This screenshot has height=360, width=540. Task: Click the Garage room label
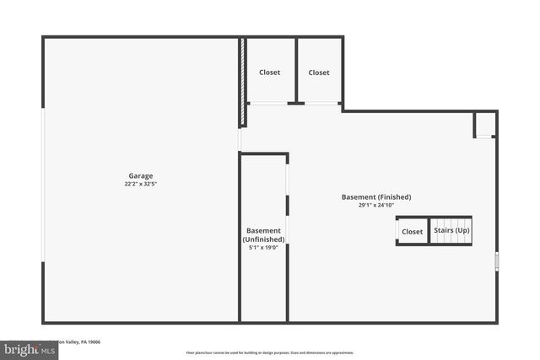pos(141,176)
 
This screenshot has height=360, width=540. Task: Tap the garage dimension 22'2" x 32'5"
pos(141,185)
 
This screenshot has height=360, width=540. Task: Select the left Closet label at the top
pos(270,73)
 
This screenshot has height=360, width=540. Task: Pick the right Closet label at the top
pos(319,73)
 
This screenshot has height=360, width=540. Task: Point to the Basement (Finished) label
pos(376,197)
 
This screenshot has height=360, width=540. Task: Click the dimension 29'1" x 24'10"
pos(376,206)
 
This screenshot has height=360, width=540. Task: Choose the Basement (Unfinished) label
pos(263,235)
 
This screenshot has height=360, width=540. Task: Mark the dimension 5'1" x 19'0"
pos(263,248)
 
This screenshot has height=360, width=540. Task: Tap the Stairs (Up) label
pos(452,231)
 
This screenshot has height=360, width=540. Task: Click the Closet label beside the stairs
pos(413,232)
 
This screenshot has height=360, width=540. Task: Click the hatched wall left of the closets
pos(242,82)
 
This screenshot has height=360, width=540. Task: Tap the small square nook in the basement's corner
pos(483,126)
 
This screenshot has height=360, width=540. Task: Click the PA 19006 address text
pos(84,341)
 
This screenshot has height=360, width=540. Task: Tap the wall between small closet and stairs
pos(429,231)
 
